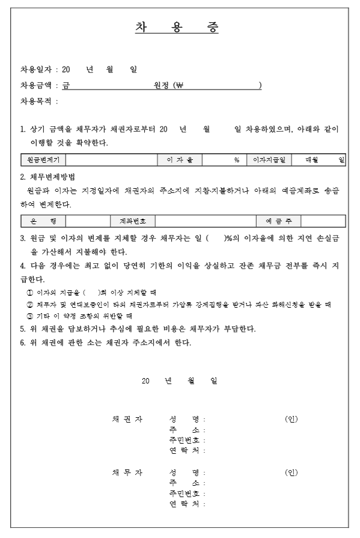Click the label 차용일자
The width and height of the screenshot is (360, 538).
37,70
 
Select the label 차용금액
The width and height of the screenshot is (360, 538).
37,85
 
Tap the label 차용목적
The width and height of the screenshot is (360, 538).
37,101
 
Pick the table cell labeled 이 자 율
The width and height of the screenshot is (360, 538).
180,160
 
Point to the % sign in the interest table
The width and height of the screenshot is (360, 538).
237,160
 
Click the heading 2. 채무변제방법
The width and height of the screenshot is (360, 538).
47,177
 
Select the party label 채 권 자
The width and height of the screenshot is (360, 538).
127,419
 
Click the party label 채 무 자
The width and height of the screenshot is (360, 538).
127,472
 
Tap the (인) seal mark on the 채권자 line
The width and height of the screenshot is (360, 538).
291,419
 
